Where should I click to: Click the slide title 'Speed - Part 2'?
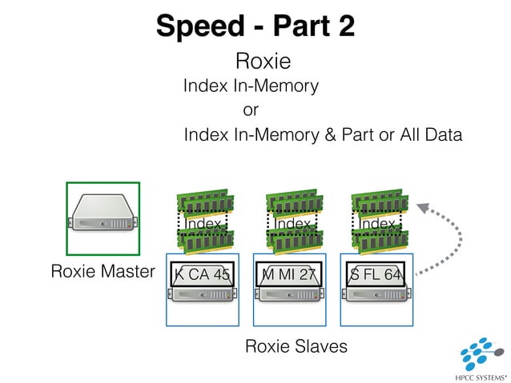[255, 26]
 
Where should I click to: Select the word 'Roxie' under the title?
[262, 62]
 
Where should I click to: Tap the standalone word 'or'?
[251, 110]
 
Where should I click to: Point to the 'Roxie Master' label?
[103, 272]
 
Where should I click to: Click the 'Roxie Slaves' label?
[296, 346]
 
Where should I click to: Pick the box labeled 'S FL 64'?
[377, 274]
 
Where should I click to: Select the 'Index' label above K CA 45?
[203, 225]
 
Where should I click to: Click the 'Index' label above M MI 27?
[291, 225]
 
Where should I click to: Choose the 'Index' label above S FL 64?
[377, 225]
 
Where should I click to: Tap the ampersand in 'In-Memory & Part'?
[330, 135]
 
